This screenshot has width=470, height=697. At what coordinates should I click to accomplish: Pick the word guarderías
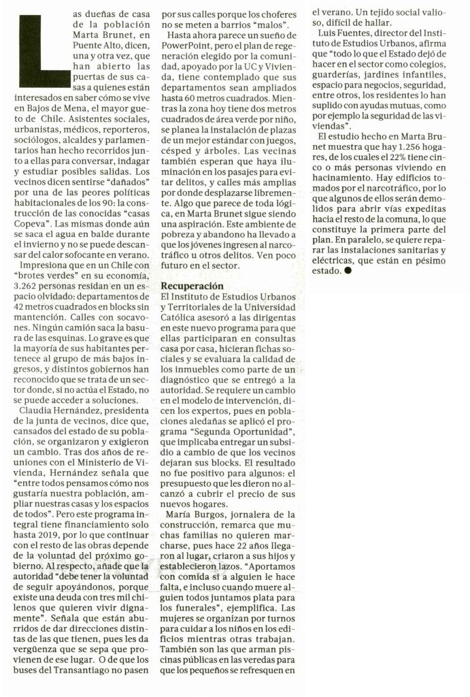(333, 67)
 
